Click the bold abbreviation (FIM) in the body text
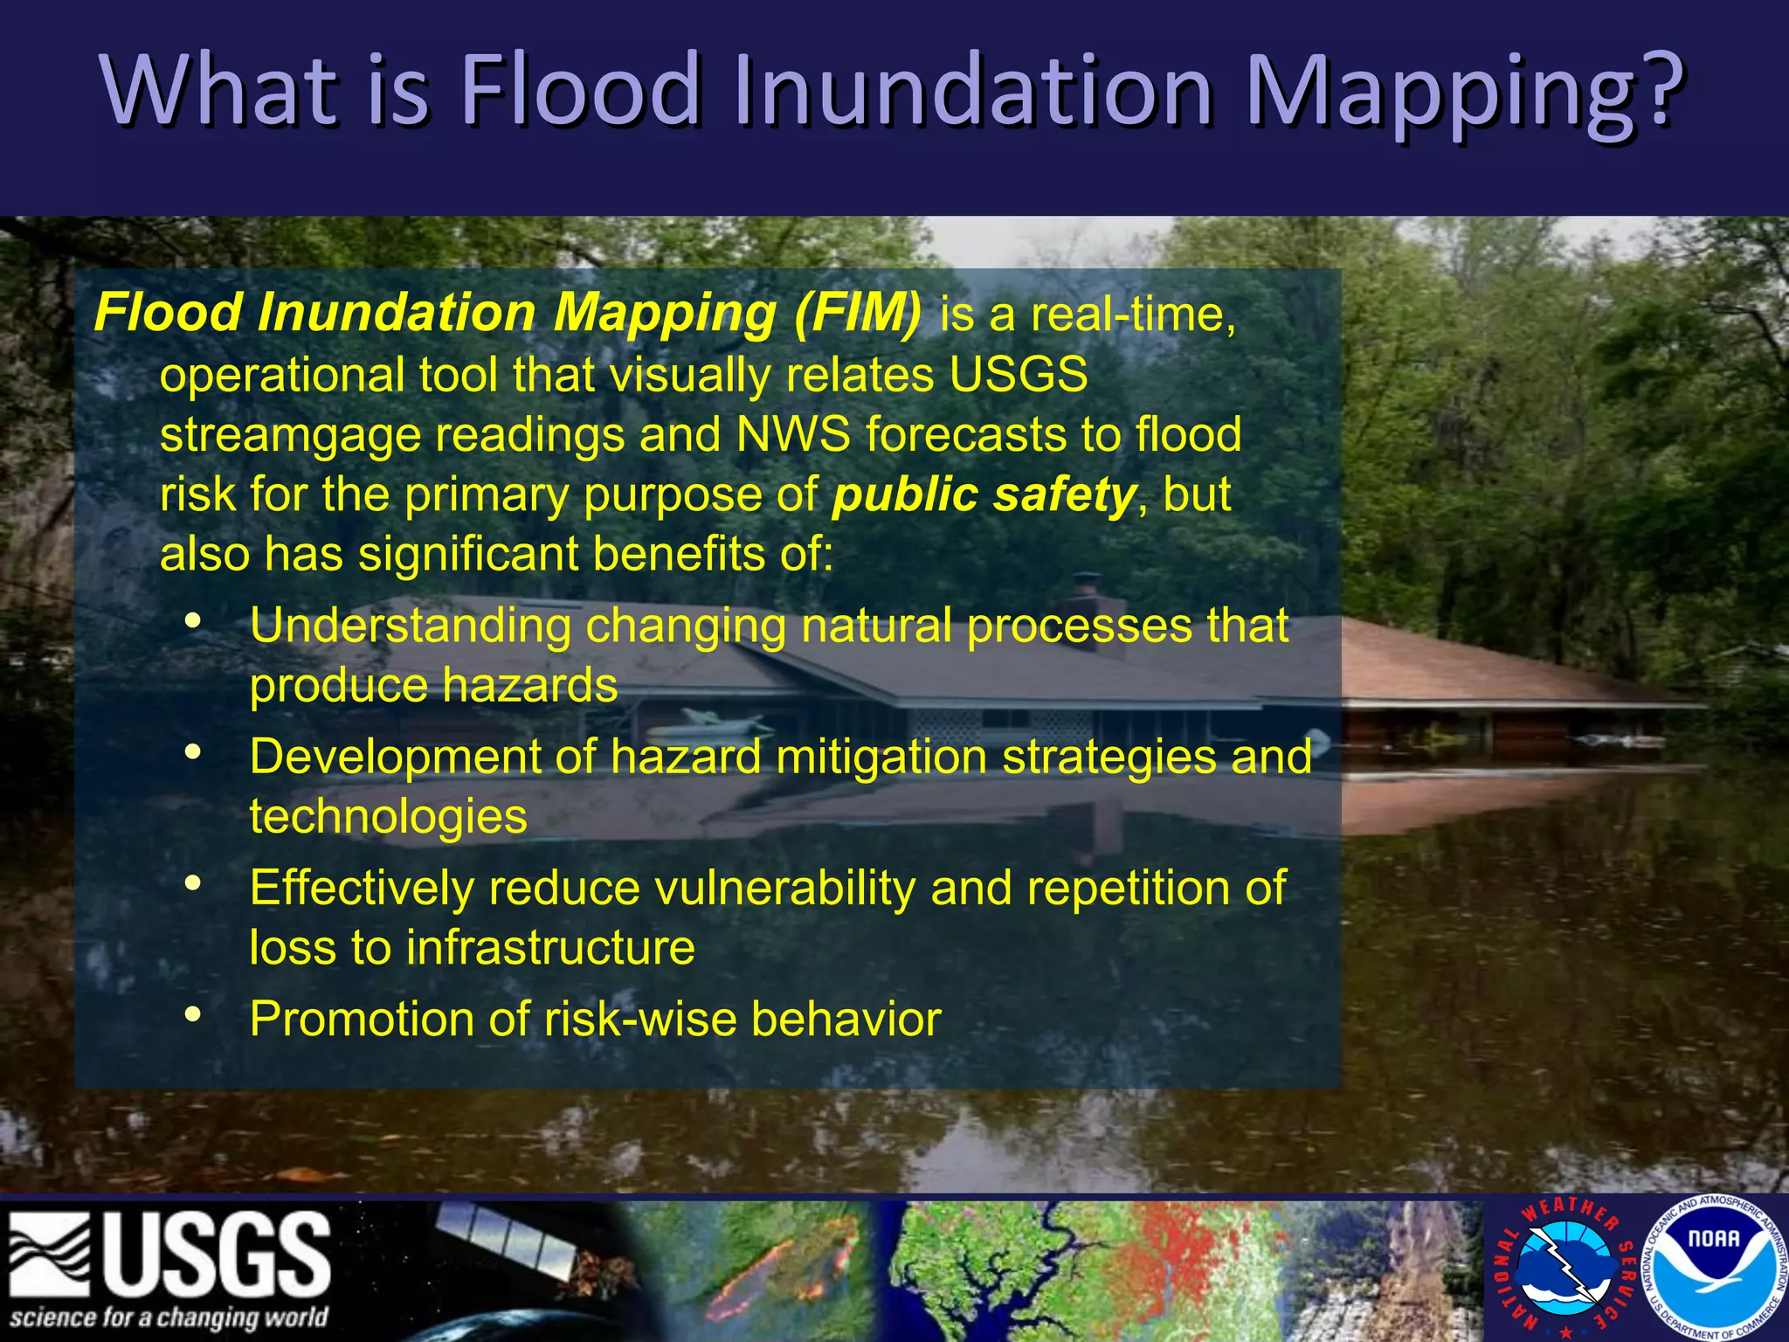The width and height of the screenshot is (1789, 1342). click(x=857, y=312)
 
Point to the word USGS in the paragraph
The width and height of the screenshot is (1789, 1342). click(x=1018, y=374)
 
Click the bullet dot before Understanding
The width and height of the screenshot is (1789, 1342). click(x=193, y=622)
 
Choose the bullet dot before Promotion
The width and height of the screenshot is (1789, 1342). click(x=193, y=1014)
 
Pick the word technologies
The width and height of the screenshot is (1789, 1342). click(x=388, y=816)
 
